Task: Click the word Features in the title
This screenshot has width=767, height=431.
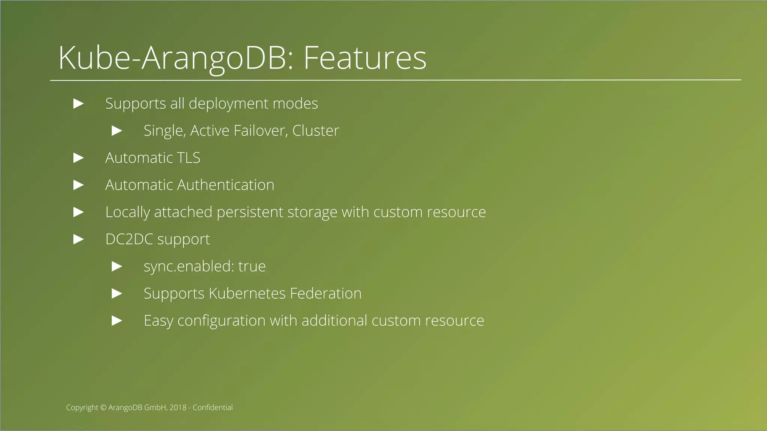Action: click(365, 58)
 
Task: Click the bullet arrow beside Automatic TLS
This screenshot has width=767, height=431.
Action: click(79, 158)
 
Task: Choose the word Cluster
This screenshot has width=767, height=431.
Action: click(315, 131)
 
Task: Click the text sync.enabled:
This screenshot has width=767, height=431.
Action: click(189, 267)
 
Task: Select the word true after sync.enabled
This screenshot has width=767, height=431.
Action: click(252, 267)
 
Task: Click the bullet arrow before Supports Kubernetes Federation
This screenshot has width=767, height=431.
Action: click(117, 294)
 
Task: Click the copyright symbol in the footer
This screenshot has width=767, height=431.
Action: click(103, 408)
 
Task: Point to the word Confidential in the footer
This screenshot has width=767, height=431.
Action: click(213, 408)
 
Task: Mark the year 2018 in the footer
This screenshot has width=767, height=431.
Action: click(178, 408)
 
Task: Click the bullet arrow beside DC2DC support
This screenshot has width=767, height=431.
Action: click(79, 239)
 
